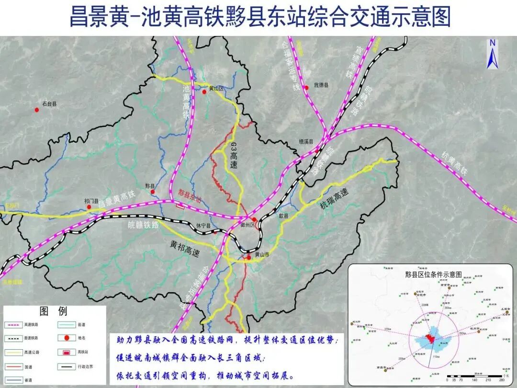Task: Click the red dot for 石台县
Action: (x=36, y=110)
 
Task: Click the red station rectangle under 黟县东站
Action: (x=180, y=206)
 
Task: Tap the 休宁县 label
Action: (x=203, y=226)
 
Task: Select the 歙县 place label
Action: (x=283, y=216)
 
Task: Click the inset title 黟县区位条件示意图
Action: (x=433, y=274)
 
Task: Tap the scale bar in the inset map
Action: (x=474, y=375)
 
